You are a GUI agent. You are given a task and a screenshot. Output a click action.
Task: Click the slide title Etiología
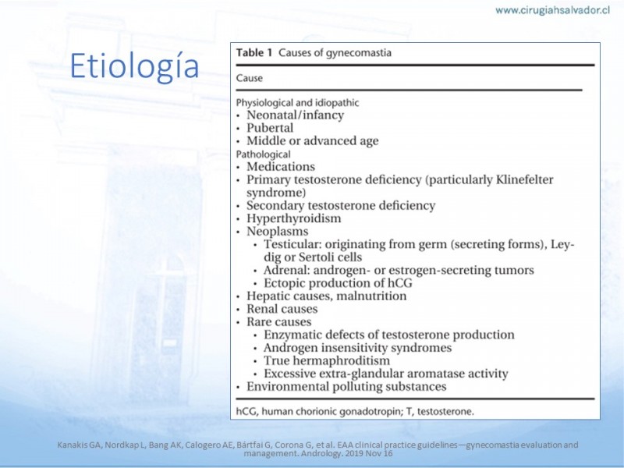tap(133, 67)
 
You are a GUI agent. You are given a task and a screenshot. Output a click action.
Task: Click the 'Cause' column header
tap(250, 78)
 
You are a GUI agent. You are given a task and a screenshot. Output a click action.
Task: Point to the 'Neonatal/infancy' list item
tap(295, 115)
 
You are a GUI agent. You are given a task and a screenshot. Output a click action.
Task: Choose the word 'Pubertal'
tap(270, 128)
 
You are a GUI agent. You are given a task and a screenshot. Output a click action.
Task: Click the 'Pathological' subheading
tap(264, 154)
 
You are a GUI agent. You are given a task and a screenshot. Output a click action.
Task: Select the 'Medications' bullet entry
tap(281, 167)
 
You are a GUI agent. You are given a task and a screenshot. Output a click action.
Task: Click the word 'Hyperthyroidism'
tap(294, 218)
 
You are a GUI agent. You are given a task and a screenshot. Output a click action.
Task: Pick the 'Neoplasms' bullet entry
tap(277, 232)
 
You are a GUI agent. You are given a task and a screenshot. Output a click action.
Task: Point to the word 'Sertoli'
tap(307, 257)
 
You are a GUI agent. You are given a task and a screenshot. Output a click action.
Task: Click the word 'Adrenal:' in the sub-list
tap(285, 270)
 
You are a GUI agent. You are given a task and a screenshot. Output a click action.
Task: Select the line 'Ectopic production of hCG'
tap(338, 283)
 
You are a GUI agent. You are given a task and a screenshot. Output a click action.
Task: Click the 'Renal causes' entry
tap(282, 309)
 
